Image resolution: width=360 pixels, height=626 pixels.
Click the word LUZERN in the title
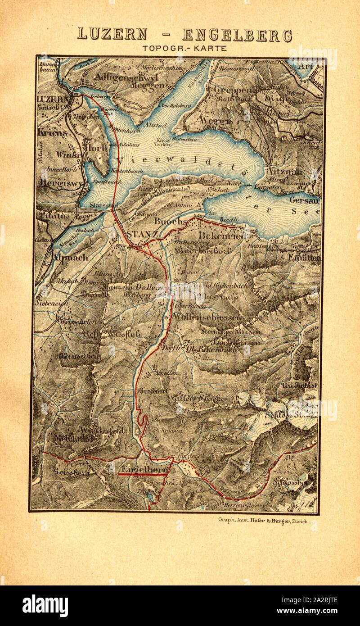pyautogui.click(x=112, y=34)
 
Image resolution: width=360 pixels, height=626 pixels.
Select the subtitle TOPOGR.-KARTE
pyautogui.click(x=184, y=48)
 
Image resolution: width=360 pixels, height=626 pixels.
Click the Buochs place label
pyautogui.click(x=171, y=222)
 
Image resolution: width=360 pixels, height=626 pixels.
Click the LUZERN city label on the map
pyautogui.click(x=52, y=99)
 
